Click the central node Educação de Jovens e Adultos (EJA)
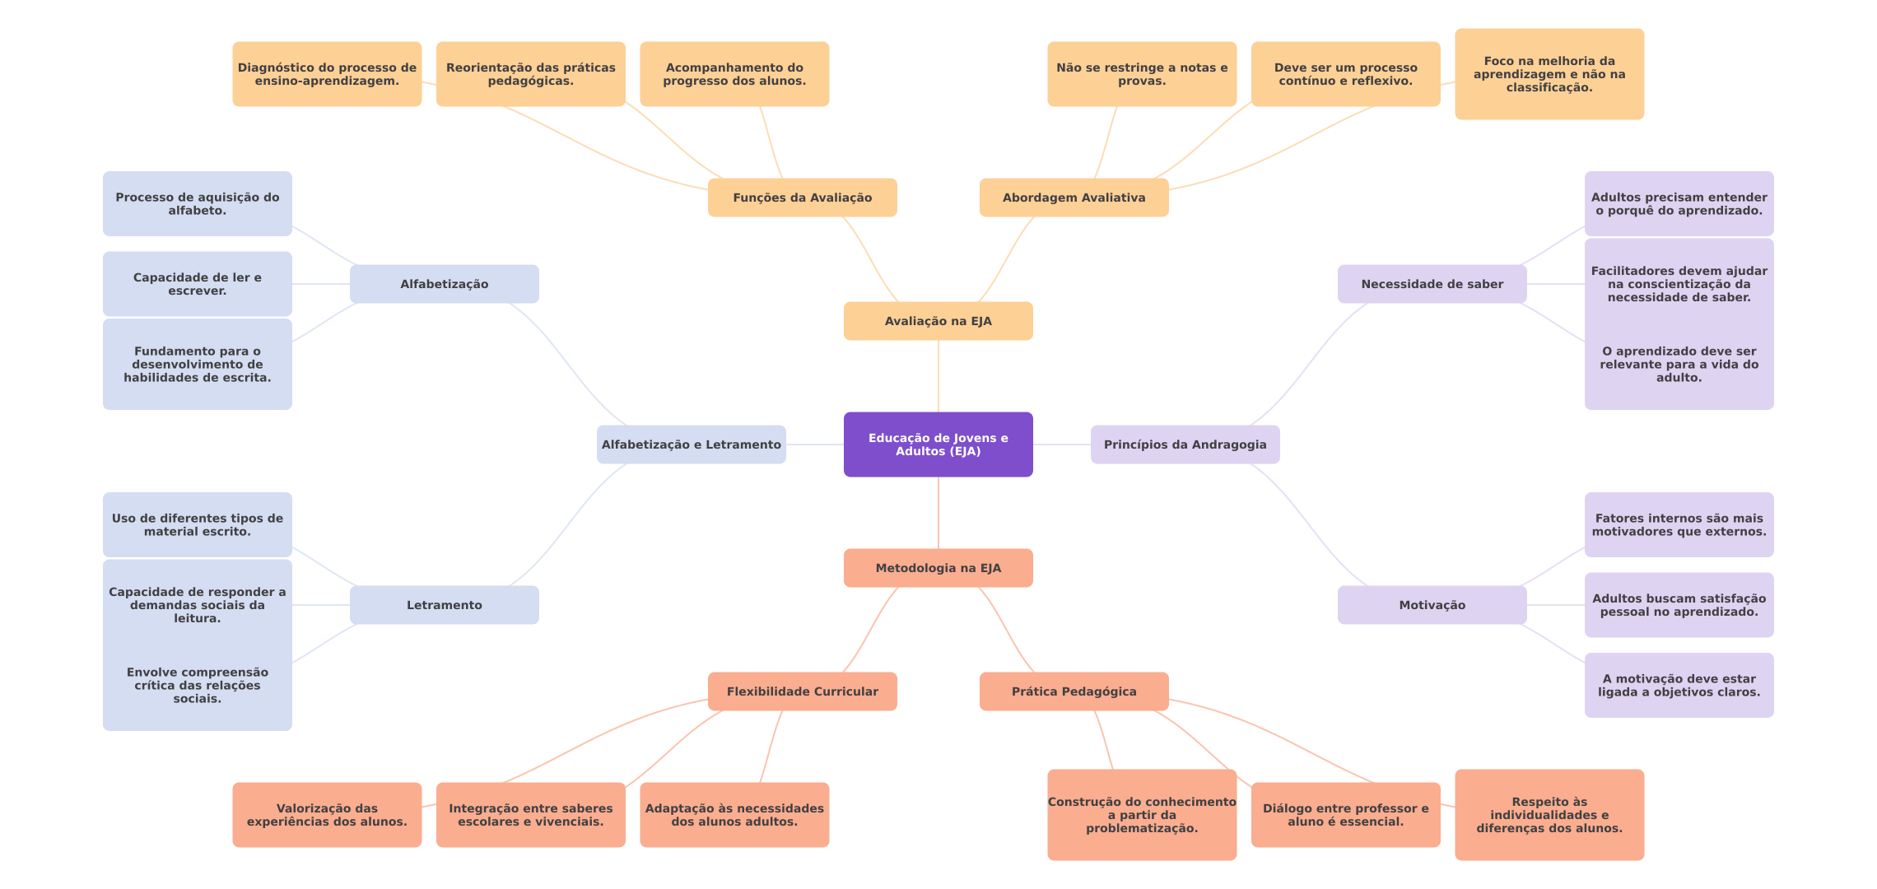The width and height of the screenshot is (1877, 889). [x=938, y=444]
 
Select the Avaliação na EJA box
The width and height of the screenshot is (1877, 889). [x=938, y=321]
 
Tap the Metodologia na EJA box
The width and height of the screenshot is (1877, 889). [x=938, y=568]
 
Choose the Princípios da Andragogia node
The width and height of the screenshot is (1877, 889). [x=1185, y=444]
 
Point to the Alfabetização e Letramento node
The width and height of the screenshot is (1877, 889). [x=691, y=444]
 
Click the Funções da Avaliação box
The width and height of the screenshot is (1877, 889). [x=802, y=198]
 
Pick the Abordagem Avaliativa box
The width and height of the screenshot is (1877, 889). [x=1074, y=198]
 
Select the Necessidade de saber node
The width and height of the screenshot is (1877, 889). [x=1432, y=284]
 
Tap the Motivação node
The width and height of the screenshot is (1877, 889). [x=1432, y=605]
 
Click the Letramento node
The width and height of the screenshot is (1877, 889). [x=444, y=605]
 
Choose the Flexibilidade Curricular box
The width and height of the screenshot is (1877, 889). [x=802, y=691]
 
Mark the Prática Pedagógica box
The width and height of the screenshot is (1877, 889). [x=1074, y=691]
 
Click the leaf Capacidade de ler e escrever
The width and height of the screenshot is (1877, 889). [x=197, y=284]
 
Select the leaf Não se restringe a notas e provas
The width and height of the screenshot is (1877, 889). [x=1141, y=74]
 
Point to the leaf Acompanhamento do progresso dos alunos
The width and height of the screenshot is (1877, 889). [x=734, y=74]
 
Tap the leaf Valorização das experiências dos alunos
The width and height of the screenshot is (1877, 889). [x=327, y=815]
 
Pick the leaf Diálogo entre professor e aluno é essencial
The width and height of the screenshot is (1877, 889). [x=1345, y=815]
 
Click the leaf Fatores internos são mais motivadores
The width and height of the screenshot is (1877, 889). [x=1679, y=525]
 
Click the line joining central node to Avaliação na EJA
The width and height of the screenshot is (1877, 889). [x=938, y=376]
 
